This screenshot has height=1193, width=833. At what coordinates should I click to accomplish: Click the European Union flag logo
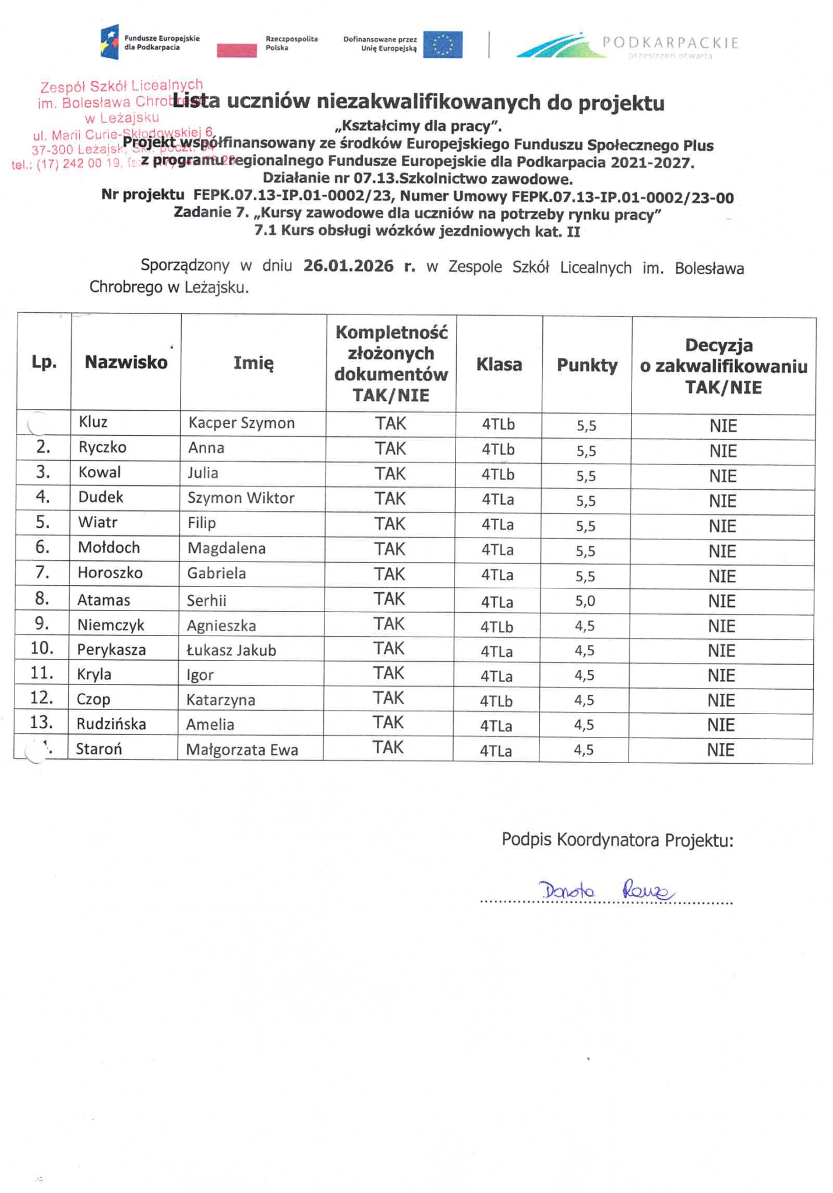pyautogui.click(x=442, y=45)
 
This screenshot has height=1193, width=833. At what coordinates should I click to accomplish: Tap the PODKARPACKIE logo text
pyautogui.click(x=670, y=43)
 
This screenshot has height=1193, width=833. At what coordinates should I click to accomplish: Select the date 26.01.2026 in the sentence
pyautogui.click(x=348, y=266)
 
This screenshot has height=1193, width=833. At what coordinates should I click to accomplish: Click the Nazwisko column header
pyautogui.click(x=126, y=362)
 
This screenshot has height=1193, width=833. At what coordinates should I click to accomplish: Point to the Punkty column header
pyautogui.click(x=587, y=365)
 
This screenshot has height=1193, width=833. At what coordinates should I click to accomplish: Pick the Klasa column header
pyautogui.click(x=499, y=365)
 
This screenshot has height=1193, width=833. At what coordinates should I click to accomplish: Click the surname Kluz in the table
pyautogui.click(x=93, y=422)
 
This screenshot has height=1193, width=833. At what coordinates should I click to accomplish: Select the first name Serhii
pyautogui.click(x=207, y=601)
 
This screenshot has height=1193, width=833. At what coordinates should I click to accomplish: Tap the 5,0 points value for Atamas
pyautogui.click(x=585, y=601)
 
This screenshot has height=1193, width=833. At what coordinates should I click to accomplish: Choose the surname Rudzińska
pyautogui.click(x=111, y=724)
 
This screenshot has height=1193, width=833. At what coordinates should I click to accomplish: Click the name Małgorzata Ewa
pyautogui.click(x=242, y=750)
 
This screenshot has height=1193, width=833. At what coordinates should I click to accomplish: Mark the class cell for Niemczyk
pyautogui.click(x=496, y=627)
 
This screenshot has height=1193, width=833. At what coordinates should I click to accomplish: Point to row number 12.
pyautogui.click(x=42, y=698)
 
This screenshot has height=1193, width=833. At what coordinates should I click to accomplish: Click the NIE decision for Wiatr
pyautogui.click(x=722, y=527)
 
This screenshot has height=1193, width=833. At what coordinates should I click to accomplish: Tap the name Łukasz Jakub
pyautogui.click(x=231, y=650)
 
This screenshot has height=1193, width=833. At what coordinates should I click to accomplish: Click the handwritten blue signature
pyautogui.click(x=606, y=891)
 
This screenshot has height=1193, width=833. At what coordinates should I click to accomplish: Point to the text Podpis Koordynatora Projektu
pyautogui.click(x=617, y=840)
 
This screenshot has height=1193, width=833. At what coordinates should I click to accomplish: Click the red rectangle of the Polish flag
pyautogui.click(x=237, y=51)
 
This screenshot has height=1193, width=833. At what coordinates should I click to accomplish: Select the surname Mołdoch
pyautogui.click(x=109, y=548)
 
